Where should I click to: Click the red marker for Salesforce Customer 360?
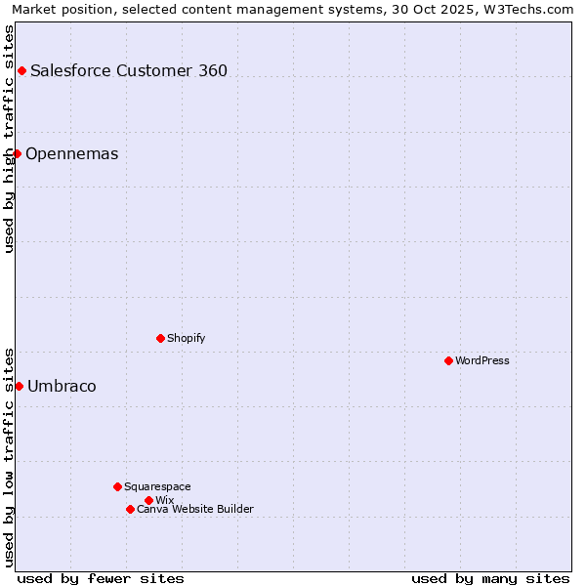coord(21,70)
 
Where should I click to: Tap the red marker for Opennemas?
coord(17,153)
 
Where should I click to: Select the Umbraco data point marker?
coord(19,386)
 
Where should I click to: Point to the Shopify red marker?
coord(160,338)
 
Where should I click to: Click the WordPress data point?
coord(448,360)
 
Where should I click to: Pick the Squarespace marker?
coord(117,486)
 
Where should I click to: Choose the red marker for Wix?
coord(148,500)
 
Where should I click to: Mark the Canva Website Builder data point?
coord(130,509)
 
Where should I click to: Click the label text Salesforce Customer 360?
coord(129,70)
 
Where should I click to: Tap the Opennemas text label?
coord(72,153)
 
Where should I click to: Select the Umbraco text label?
coord(62,386)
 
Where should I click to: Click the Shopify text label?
coord(186,338)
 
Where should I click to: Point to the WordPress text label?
coord(482,360)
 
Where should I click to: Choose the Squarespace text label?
coord(157,486)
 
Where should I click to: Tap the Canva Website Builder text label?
coord(195,509)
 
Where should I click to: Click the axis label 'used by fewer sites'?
coord(101,578)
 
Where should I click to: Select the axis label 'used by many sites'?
coord(490,578)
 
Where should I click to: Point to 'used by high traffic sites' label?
coord(10,139)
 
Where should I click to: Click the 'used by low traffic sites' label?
coord(10,457)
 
